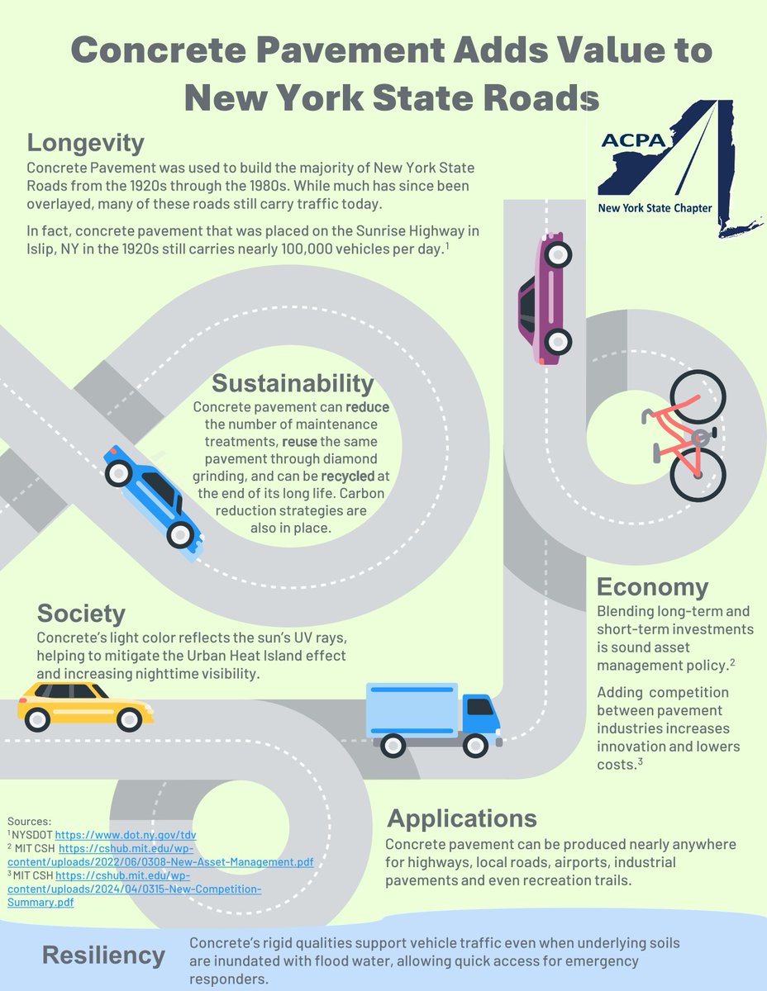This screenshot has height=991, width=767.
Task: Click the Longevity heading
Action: click(x=85, y=143)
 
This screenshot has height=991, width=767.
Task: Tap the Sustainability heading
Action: click(x=293, y=383)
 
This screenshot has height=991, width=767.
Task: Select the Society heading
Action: click(x=81, y=614)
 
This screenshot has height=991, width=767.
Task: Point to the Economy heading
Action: click(x=652, y=587)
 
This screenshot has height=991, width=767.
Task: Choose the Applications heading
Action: click(x=462, y=818)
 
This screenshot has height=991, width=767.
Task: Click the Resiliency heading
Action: click(x=103, y=955)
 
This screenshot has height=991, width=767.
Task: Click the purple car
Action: click(x=545, y=298)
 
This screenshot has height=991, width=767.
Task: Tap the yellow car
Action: click(x=85, y=707)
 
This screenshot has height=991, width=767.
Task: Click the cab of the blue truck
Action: click(x=481, y=717)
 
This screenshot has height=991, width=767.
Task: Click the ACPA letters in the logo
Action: click(x=633, y=140)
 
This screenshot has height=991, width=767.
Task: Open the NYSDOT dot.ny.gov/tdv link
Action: click(x=126, y=835)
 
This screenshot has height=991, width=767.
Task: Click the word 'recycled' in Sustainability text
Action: click(x=348, y=477)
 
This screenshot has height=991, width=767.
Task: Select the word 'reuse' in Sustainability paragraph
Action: click(x=299, y=442)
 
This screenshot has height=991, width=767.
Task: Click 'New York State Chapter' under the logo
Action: click(x=655, y=208)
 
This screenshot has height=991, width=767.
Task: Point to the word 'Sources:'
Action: click(x=29, y=822)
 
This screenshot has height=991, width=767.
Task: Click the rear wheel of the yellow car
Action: click(x=37, y=720)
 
